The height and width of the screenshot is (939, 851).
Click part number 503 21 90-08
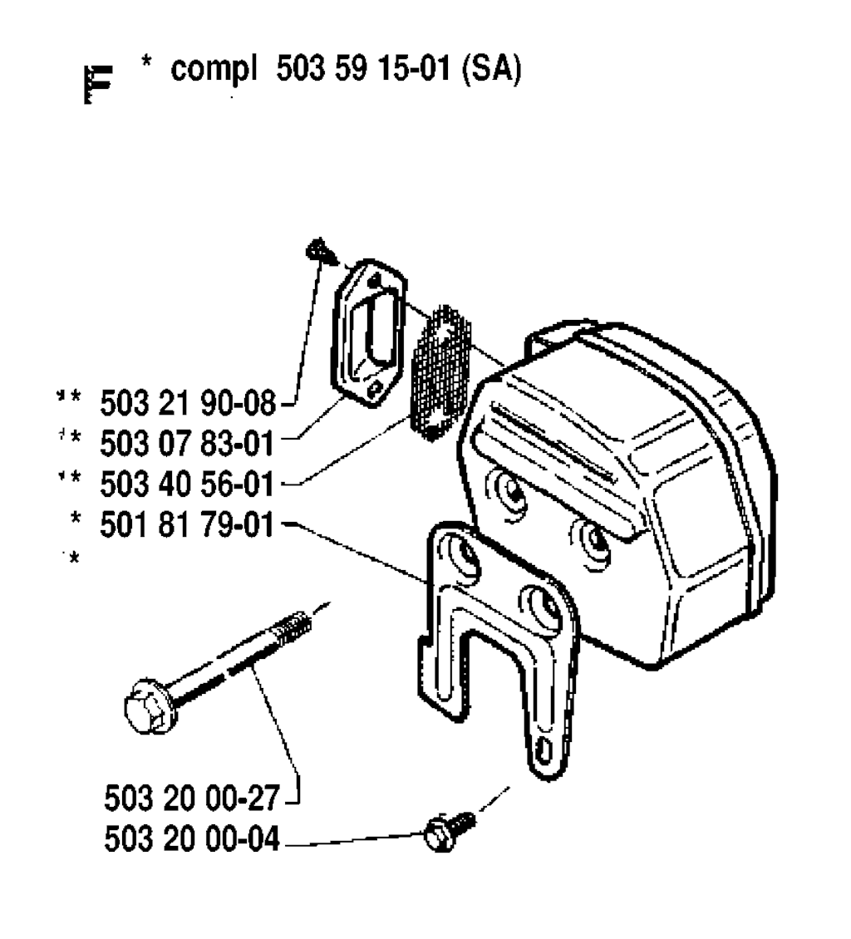click(188, 402)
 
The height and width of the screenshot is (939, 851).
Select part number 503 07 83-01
click(187, 443)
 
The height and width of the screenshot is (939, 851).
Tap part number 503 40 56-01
click(187, 484)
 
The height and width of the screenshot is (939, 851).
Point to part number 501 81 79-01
click(187, 524)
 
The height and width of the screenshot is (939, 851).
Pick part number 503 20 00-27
click(192, 798)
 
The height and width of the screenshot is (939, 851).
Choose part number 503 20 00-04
click(192, 838)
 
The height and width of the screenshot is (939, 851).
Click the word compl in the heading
click(214, 71)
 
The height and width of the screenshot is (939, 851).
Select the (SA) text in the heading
click(492, 70)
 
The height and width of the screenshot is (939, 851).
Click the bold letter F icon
click(97, 85)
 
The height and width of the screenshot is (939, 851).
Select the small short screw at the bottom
click(449, 830)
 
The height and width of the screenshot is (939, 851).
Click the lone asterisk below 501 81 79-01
click(73, 559)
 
